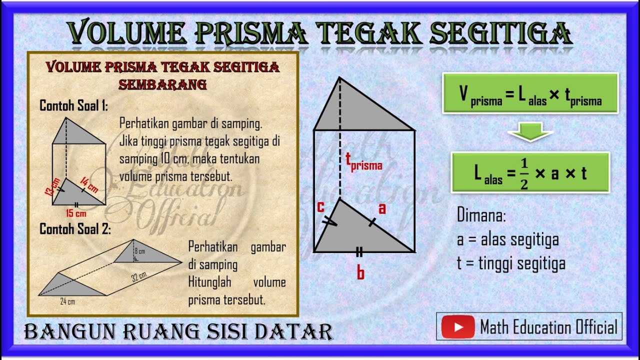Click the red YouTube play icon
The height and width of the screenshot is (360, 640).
point(457,327)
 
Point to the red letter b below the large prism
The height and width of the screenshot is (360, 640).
point(360,273)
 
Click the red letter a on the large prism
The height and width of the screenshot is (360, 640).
point(382,208)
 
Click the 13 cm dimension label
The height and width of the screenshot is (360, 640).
point(55,187)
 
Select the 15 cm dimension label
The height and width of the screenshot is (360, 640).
point(76,213)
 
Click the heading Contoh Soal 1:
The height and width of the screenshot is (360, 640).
point(73,106)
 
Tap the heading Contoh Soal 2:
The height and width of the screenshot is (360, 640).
point(75,229)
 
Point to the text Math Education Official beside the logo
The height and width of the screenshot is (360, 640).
point(548,327)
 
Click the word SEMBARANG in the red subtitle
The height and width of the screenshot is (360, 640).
point(162,84)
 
